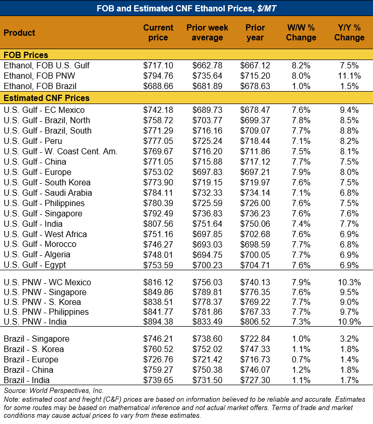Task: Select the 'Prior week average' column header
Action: [x=207, y=33]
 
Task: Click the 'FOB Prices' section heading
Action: [x=26, y=55]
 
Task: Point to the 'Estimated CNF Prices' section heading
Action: [x=47, y=98]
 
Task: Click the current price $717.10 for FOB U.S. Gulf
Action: [x=157, y=65]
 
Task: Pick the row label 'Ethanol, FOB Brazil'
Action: [x=39, y=86]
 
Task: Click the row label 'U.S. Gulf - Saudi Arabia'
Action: [x=48, y=193]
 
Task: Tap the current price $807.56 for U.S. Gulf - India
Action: [x=157, y=224]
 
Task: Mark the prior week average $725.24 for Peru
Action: [x=207, y=141]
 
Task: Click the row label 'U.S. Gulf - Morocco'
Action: [x=40, y=244]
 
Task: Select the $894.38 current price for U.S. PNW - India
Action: [x=157, y=322]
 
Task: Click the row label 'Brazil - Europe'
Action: [x=31, y=359]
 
